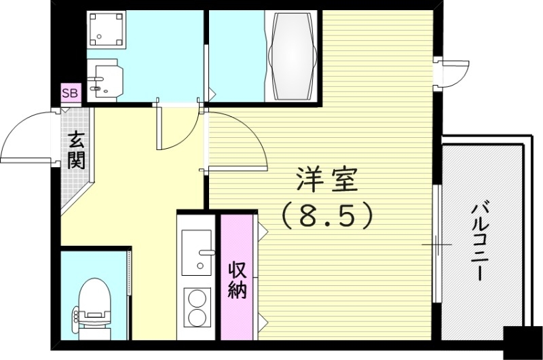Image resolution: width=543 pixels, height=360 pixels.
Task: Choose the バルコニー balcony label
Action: (x=481, y=241)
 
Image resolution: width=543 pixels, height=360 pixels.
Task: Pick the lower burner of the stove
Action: (x=198, y=318)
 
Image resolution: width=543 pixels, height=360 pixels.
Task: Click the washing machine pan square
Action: (x=107, y=31)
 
